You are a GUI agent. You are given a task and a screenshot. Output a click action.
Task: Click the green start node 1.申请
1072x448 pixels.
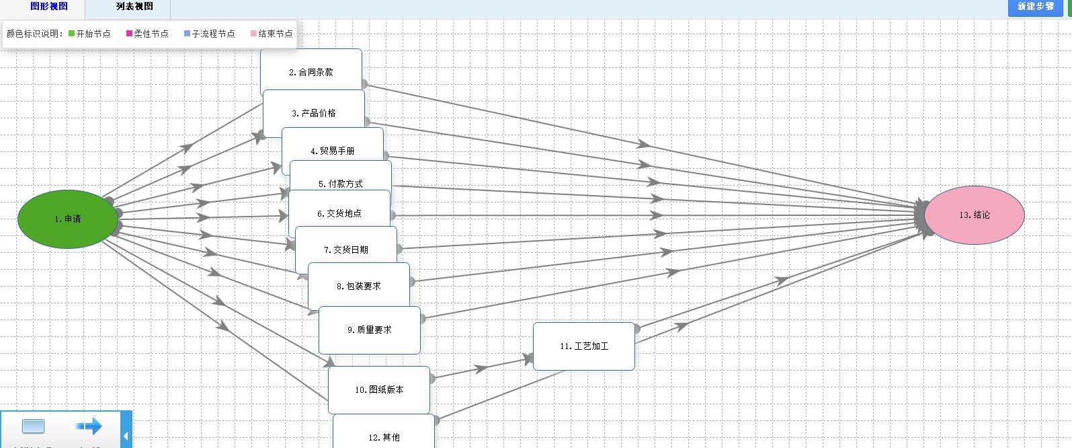click(x=68, y=219)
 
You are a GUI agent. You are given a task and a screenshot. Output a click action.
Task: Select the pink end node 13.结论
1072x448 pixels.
click(x=974, y=215)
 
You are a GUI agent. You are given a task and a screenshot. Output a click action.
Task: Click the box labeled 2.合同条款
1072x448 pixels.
click(x=311, y=71)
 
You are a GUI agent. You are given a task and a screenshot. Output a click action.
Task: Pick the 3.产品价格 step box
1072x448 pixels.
click(x=314, y=113)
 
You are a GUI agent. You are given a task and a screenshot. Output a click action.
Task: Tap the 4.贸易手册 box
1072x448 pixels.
click(x=333, y=150)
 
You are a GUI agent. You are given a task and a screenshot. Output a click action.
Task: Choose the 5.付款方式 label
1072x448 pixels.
click(x=341, y=183)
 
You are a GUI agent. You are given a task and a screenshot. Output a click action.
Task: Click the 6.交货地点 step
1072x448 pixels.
click(x=339, y=213)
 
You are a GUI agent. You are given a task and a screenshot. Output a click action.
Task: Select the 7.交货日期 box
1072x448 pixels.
click(x=346, y=249)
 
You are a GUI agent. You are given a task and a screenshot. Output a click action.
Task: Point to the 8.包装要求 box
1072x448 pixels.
click(x=358, y=286)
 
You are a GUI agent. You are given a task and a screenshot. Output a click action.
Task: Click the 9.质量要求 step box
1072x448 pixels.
click(x=369, y=330)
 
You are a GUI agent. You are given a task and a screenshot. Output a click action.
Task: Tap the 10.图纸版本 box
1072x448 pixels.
click(x=379, y=389)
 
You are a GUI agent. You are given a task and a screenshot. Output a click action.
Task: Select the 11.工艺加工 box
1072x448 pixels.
click(x=583, y=346)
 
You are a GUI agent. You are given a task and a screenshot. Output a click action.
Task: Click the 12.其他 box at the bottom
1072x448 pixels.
click(x=384, y=436)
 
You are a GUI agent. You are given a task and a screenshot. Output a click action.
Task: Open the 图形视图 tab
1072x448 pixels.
click(x=49, y=7)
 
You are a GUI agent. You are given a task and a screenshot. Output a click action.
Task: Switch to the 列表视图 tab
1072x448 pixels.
click(x=134, y=7)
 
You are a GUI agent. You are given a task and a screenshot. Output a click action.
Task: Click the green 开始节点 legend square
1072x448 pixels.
click(x=72, y=34)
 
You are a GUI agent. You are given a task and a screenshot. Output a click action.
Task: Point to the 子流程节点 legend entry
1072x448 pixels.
click(x=209, y=34)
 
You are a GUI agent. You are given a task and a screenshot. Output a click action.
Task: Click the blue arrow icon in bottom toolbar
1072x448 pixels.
click(x=88, y=426)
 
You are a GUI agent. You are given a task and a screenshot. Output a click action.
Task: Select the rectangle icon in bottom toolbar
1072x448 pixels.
click(x=33, y=426)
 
